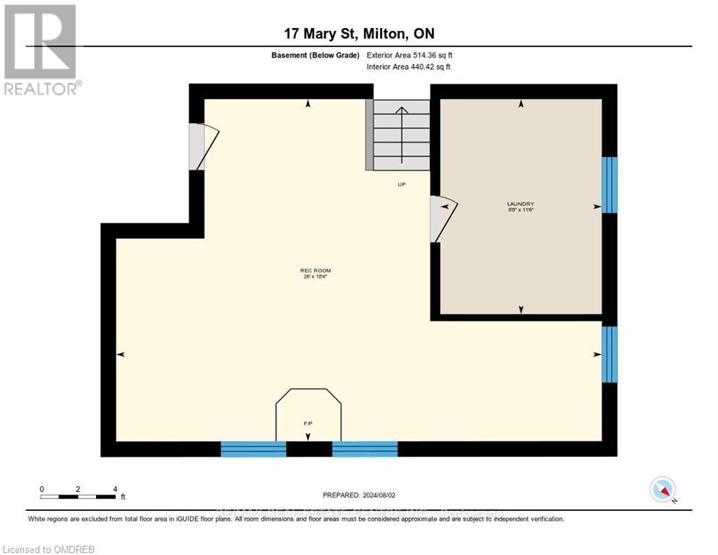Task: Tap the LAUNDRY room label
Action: coord(520,206)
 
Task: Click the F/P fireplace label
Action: coord(308,422)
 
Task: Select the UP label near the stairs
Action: coord(402,184)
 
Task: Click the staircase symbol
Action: coord(401,134)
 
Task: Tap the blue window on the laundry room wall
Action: coord(610,185)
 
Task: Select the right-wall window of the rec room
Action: coord(610,354)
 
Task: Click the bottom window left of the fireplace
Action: coord(253,449)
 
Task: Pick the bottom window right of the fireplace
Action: coord(365,449)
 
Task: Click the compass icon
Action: coord(662,489)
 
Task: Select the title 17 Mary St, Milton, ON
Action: coord(359,33)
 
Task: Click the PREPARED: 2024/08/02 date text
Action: coord(359,495)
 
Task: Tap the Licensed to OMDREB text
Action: coord(48,549)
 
